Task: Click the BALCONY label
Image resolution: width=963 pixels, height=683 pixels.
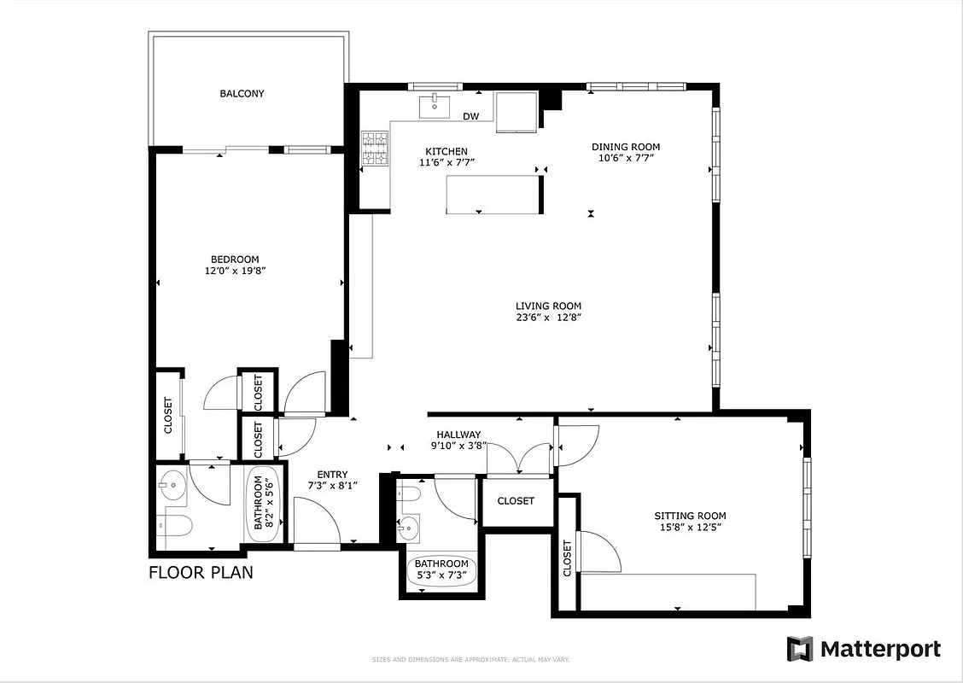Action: click(242, 94)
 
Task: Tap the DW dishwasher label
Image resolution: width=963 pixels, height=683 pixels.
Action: click(470, 117)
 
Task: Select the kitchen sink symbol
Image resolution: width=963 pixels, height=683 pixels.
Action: click(435, 105)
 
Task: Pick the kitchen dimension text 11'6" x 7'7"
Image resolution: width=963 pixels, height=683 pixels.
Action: click(446, 162)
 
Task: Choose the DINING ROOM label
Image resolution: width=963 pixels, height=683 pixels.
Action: click(626, 147)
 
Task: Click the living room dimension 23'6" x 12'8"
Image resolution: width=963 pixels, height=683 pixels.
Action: click(548, 318)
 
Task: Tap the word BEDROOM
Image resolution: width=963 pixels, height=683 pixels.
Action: click(235, 260)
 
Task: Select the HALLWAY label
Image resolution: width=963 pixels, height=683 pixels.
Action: click(458, 435)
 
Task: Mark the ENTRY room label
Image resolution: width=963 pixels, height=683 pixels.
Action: click(332, 475)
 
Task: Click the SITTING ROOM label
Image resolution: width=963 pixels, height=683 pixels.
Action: click(690, 516)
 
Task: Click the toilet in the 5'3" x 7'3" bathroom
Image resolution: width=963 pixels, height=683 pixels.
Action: click(407, 495)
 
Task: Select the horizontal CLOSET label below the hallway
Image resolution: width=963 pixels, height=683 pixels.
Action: click(516, 501)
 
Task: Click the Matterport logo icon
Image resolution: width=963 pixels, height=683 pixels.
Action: click(801, 649)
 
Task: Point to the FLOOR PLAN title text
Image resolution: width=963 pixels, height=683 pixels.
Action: click(201, 572)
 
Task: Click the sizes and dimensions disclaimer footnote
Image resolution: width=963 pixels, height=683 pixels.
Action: click(470, 660)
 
